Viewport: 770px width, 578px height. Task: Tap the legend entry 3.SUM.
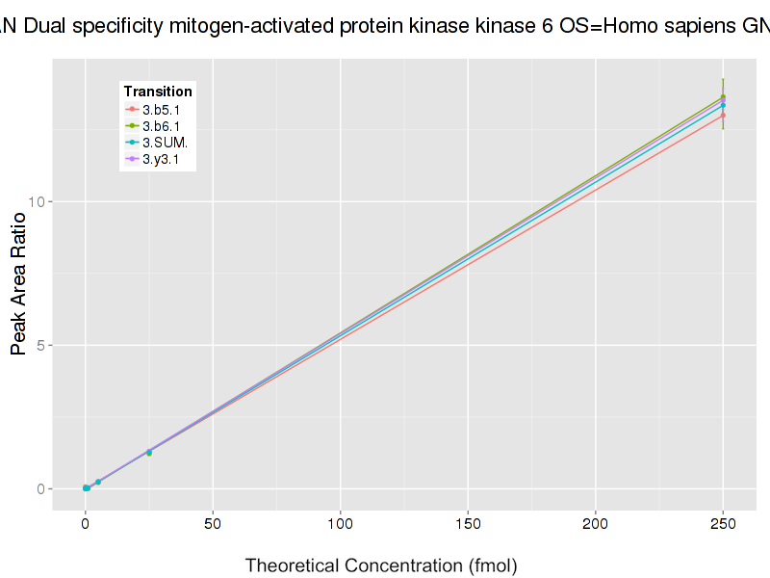[x=164, y=143]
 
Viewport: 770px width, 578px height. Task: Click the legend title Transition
[x=158, y=92]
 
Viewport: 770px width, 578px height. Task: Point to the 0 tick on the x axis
[x=86, y=524]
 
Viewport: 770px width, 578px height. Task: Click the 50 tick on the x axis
[x=213, y=524]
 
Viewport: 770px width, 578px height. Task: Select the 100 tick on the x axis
[x=340, y=524]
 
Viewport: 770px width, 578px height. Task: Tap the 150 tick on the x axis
[x=468, y=524]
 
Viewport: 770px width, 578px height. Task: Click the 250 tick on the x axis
[x=723, y=524]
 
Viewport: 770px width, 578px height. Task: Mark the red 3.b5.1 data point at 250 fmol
[x=723, y=116]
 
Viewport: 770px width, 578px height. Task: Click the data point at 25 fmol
[x=149, y=452]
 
